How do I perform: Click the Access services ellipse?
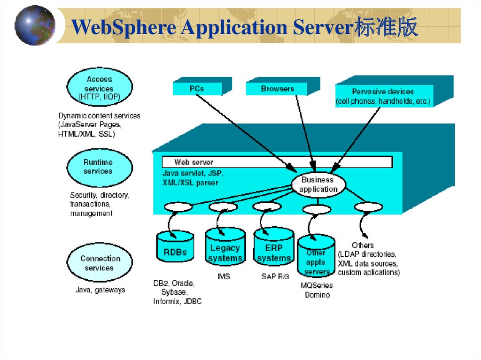pyautogui.click(x=99, y=87)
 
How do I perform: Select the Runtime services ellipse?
pyautogui.click(x=99, y=168)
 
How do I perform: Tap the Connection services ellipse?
pyautogui.click(x=99, y=262)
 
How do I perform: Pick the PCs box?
pyautogui.click(x=197, y=88)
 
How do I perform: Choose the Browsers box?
pyautogui.click(x=277, y=88)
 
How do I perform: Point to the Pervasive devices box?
pyautogui.click(x=383, y=96)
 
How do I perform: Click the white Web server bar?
pyautogui.click(x=277, y=162)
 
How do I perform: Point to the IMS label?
pyautogui.click(x=224, y=277)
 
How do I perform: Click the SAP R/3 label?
pyautogui.click(x=275, y=277)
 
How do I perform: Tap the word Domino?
pyautogui.click(x=317, y=295)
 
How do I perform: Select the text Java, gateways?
pyautogui.click(x=101, y=290)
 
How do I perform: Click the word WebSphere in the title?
pyautogui.click(x=124, y=27)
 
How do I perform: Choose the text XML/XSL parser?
pyautogui.click(x=190, y=183)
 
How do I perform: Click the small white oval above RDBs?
pyautogui.click(x=178, y=207)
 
